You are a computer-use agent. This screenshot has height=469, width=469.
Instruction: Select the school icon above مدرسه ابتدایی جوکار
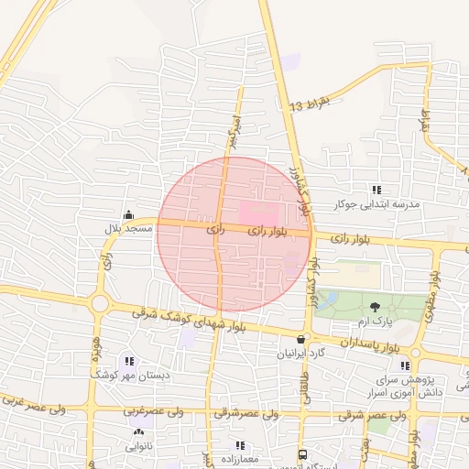tap(376, 190)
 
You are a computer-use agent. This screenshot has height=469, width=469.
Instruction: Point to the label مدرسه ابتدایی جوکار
tap(377, 203)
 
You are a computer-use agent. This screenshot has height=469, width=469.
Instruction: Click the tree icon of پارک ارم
tap(375, 307)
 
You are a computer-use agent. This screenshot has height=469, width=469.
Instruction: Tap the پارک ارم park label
tap(374, 322)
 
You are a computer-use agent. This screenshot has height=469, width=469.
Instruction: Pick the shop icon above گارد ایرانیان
tap(300, 339)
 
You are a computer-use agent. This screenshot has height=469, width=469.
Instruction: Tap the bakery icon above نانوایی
tap(138, 432)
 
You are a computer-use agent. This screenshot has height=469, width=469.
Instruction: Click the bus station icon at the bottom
tap(302, 454)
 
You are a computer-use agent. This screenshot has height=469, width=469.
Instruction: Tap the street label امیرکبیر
tap(234, 131)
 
